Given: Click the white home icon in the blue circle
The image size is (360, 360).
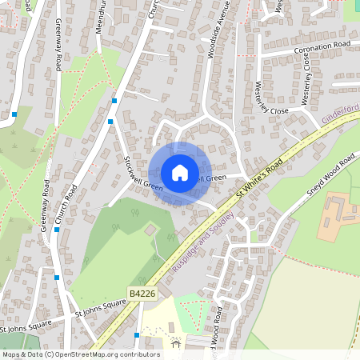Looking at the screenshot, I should [x=180, y=173].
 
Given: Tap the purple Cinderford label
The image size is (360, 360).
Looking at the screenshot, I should [x=341, y=118].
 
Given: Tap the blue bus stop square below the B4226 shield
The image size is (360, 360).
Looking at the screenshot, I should [x=138, y=334].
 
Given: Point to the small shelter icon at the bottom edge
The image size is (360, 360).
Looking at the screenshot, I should [x=176, y=344].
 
